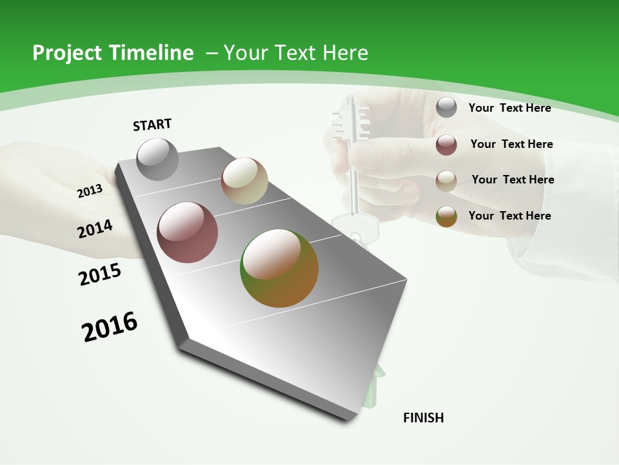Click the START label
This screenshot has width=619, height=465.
tap(152, 125)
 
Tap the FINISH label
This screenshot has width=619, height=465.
tap(423, 418)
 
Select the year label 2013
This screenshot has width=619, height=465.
tap(90, 191)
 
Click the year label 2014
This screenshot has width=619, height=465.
tap(95, 229)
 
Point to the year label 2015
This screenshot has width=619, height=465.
tap(99, 274)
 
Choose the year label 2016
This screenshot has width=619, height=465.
tap(110, 327)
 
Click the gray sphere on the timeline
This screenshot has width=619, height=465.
tap(158, 159)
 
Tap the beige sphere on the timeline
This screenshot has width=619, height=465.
tap(244, 181)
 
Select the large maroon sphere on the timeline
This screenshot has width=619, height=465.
tap(188, 232)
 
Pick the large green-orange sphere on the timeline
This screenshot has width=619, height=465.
tap(279, 268)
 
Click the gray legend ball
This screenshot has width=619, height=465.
tap(446, 107)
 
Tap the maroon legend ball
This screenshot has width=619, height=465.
tap(446, 145)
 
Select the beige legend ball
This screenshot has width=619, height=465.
tap(446, 181)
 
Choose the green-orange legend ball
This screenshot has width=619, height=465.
tap(446, 216)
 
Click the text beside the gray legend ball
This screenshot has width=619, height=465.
tap(509, 108)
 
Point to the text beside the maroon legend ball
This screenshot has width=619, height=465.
tap(511, 144)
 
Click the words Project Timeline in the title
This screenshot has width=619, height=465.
tap(113, 53)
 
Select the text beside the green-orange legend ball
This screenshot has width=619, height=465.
tap(509, 216)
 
